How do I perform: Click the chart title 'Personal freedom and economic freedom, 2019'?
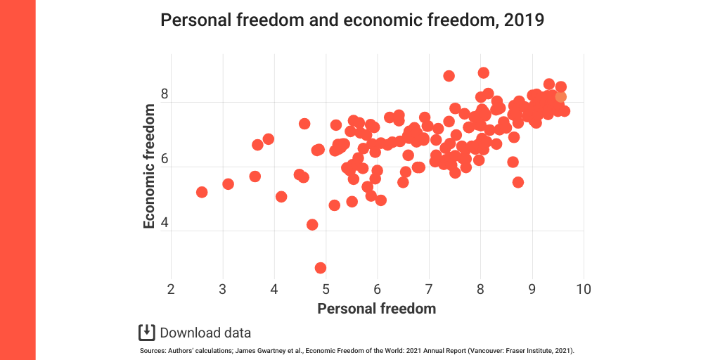352,20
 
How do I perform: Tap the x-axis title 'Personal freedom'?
376,309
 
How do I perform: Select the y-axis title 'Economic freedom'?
149,166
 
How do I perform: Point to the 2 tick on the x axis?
171,289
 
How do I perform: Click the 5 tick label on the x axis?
326,289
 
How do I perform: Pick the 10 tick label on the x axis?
582,289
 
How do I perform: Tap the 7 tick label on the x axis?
428,289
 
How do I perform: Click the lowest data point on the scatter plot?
321,268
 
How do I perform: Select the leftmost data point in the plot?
202,192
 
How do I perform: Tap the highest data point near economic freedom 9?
483,73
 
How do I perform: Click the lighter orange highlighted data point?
560,97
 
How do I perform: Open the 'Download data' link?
205,333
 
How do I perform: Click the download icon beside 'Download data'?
146,333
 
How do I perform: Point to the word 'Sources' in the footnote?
152,349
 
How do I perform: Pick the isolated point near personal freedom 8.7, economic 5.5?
518,182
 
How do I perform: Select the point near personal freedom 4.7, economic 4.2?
312,225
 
